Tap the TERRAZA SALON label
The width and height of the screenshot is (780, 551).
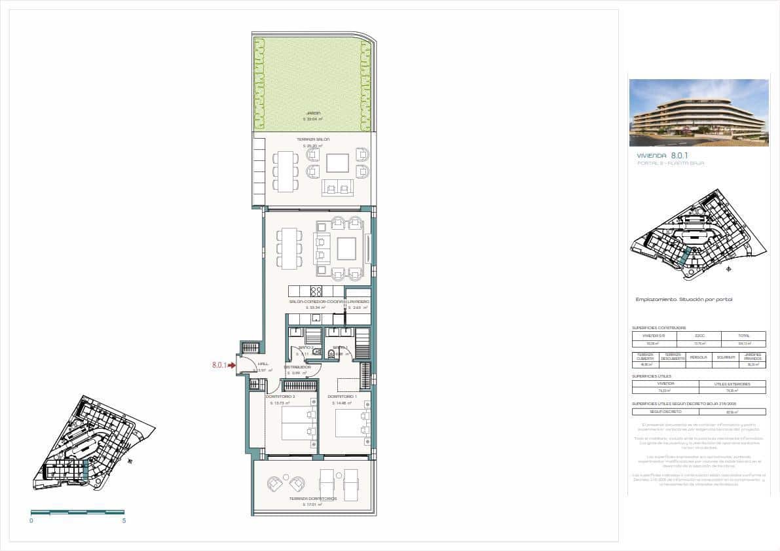click(312, 140)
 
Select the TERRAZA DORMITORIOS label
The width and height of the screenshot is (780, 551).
click(312, 499)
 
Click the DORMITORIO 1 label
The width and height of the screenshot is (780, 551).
click(341, 397)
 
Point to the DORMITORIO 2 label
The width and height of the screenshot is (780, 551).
click(280, 397)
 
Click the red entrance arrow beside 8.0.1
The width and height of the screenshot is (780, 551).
click(231, 366)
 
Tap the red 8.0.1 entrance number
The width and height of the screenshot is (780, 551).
click(218, 366)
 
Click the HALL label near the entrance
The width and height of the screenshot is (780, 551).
click(263, 364)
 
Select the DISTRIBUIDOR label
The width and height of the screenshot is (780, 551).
click(297, 368)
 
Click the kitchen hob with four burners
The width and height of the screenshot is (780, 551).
click(316, 291)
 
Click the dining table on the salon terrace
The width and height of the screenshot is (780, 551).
click(286, 171)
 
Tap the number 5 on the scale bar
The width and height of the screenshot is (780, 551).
click(124, 521)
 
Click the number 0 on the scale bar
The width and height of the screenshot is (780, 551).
click(31, 521)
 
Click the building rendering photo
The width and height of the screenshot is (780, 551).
click(699, 113)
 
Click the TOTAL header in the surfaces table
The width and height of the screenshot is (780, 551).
click(743, 335)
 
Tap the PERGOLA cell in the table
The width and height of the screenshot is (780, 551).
click(699, 357)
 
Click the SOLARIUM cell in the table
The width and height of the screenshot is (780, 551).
click(726, 357)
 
